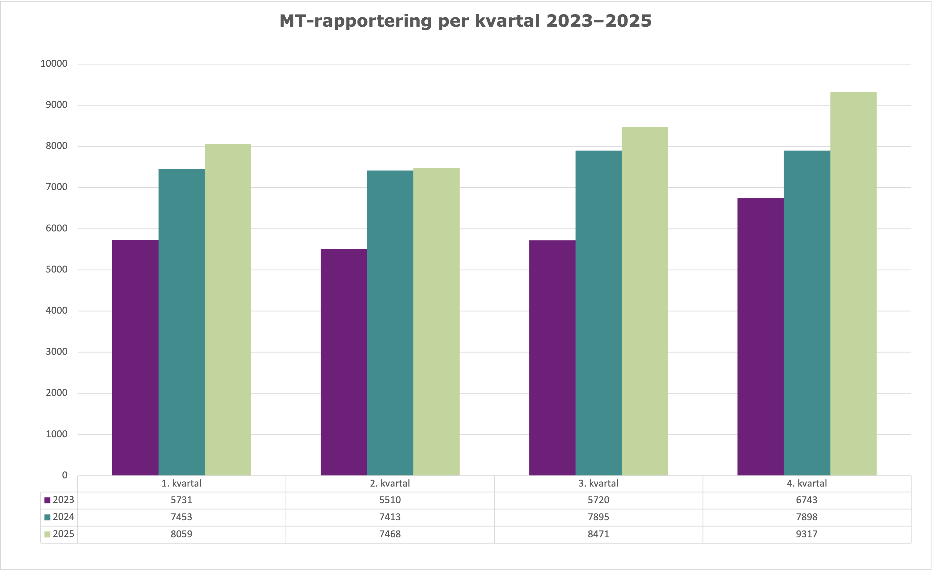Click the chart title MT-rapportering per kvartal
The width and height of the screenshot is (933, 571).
click(x=465, y=21)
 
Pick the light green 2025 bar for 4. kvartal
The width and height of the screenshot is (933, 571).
click(x=853, y=284)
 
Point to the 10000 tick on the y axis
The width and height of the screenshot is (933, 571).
click(x=54, y=64)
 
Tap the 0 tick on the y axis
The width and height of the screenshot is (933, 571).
click(x=65, y=476)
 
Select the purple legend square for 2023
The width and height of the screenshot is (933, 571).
click(x=47, y=500)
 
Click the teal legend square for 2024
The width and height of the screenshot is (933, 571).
click(x=47, y=517)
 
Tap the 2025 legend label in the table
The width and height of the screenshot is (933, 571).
click(x=63, y=534)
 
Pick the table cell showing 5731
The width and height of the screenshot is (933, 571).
click(x=181, y=500)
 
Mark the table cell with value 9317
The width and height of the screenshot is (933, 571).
click(x=807, y=534)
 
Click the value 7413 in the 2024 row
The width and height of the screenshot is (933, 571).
click(x=390, y=517)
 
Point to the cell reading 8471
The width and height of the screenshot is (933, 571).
click(x=598, y=534)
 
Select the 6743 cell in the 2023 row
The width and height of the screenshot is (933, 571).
click(x=807, y=500)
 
